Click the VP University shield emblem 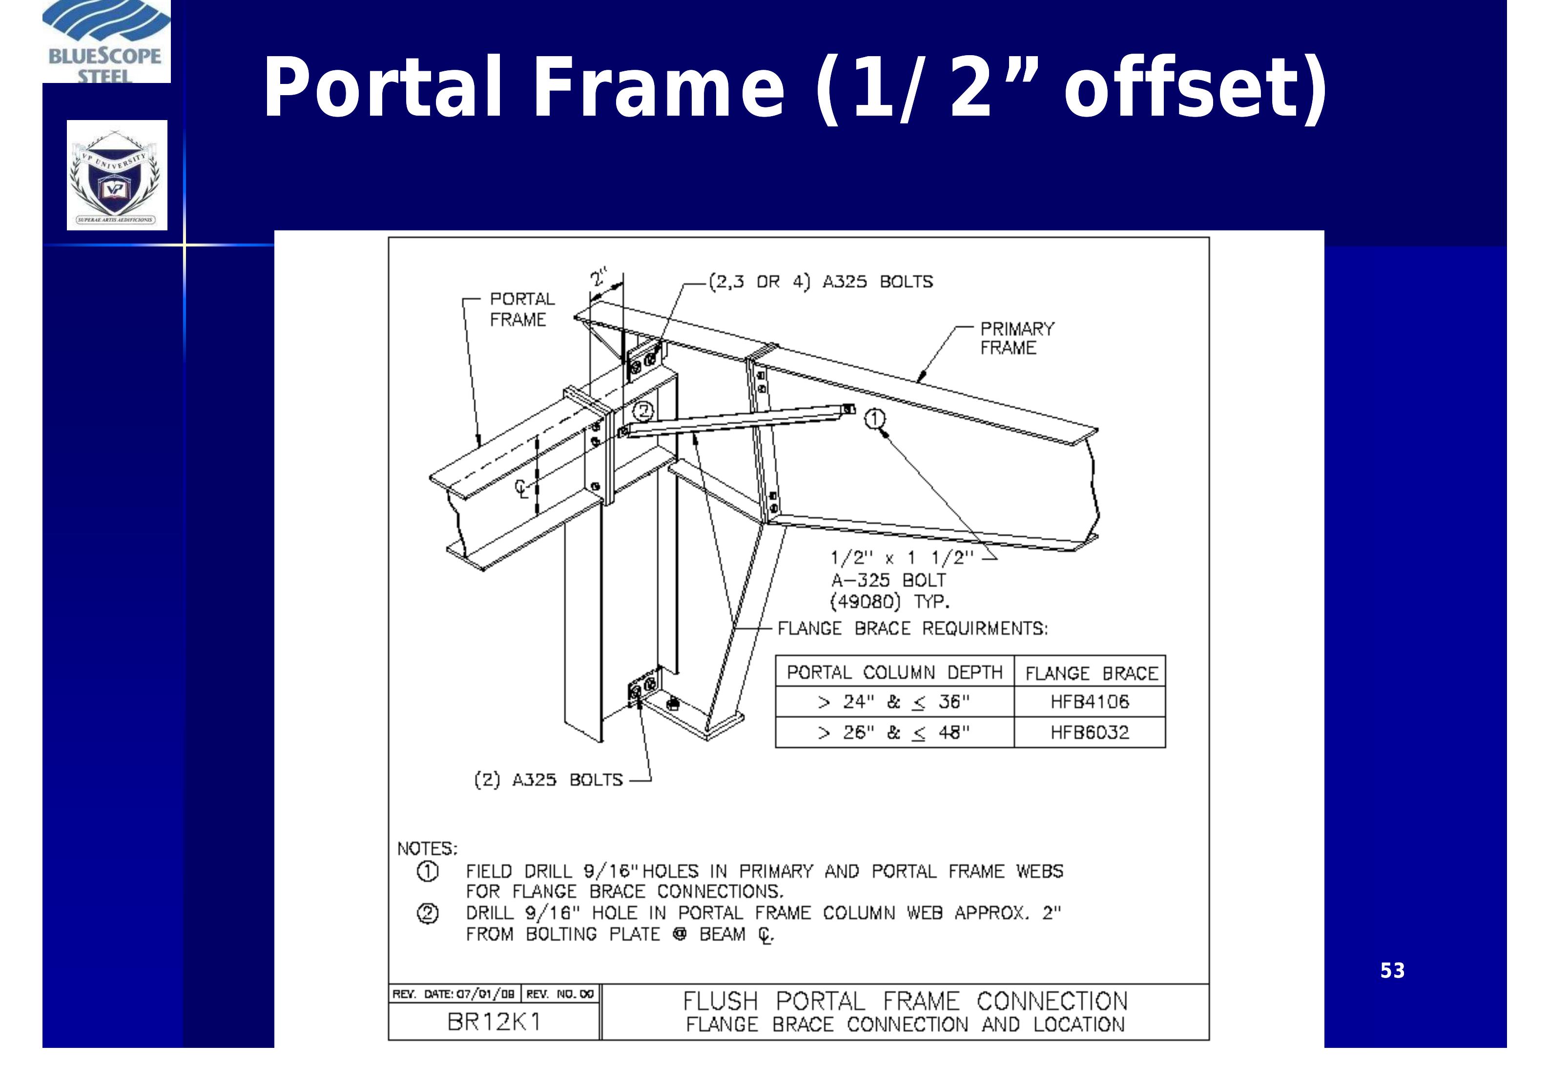pyautogui.click(x=117, y=175)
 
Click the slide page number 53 pyautogui.click(x=1392, y=971)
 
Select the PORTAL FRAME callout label pyautogui.click(x=521, y=309)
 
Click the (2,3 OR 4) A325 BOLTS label pyautogui.click(x=820, y=282)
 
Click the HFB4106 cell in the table pyautogui.click(x=1089, y=702)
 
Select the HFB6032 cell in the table pyautogui.click(x=1089, y=732)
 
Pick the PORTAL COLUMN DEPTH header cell pyautogui.click(x=894, y=672)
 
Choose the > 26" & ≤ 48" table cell pyautogui.click(x=893, y=732)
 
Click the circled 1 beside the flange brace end pyautogui.click(x=874, y=419)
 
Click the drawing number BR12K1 pyautogui.click(x=494, y=1022)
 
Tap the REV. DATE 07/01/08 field pyautogui.click(x=454, y=994)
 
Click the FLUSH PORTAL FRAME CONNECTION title pyautogui.click(x=905, y=1001)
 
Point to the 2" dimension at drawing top pyautogui.click(x=598, y=277)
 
